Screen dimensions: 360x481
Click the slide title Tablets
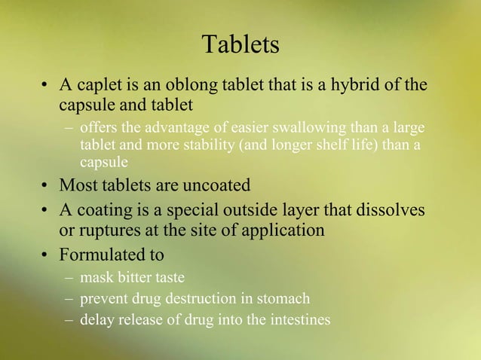[x=241, y=45]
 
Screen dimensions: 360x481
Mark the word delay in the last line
[x=96, y=320]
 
